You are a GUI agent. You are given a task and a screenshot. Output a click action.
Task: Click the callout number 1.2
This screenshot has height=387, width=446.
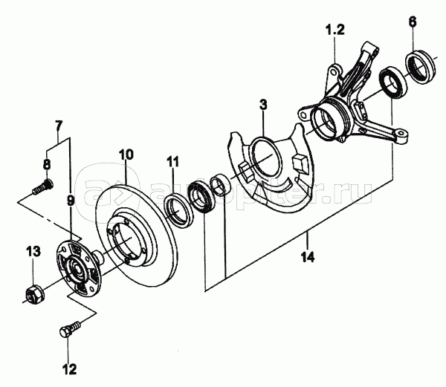point(335,30)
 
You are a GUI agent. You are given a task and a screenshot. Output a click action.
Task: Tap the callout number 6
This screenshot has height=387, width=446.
point(413,22)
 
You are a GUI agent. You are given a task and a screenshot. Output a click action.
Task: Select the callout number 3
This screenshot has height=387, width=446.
point(263,105)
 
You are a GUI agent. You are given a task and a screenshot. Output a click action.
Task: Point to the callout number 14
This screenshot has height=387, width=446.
point(308,257)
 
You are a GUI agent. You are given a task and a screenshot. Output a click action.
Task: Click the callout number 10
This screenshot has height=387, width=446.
point(126,155)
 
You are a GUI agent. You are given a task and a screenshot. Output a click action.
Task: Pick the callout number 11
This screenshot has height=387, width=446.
point(173,162)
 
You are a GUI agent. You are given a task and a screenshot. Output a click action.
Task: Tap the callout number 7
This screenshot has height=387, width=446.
point(58,126)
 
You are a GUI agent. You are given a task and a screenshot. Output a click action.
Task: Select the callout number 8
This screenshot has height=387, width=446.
point(47,164)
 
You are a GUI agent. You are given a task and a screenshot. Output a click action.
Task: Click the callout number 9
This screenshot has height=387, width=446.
point(71,200)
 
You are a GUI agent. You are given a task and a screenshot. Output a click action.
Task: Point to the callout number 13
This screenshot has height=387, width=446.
point(33,252)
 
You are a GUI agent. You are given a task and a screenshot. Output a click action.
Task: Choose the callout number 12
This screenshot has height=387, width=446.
point(70,369)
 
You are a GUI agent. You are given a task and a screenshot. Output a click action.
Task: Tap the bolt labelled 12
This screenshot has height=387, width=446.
point(70,329)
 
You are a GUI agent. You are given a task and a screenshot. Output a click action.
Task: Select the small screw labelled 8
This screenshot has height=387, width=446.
point(43,186)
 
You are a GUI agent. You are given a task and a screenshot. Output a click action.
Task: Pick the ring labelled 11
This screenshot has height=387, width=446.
point(179,209)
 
